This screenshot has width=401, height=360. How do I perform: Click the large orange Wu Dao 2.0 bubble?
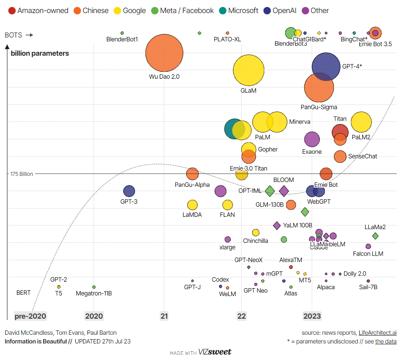[164, 53]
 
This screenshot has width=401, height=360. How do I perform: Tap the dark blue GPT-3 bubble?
[129, 191]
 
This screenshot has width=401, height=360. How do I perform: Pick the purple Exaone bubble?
[311, 139]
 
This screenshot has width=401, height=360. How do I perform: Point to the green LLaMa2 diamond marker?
[375, 236]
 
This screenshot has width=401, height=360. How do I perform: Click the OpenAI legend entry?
[280, 10]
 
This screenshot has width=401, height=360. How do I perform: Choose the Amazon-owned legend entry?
[38, 10]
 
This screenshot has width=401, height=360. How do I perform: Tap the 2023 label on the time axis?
[312, 316]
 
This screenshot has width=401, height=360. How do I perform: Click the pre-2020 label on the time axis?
[30, 316]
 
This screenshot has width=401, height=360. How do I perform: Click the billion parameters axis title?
[40, 54]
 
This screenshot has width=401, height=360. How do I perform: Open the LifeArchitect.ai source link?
[377, 333]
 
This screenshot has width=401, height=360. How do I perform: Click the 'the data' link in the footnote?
[386, 341]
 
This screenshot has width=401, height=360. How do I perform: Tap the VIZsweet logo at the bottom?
[215, 352]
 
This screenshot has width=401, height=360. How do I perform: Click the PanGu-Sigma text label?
[319, 107]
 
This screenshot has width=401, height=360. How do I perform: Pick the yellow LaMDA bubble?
[192, 205]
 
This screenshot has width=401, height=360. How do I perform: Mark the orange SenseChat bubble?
[340, 156]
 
